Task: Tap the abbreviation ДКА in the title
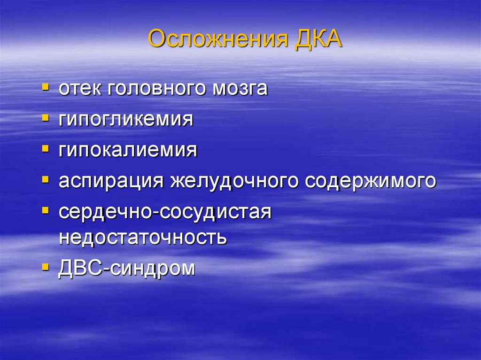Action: click(318, 40)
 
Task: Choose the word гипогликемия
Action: click(126, 119)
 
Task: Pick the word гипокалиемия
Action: click(128, 150)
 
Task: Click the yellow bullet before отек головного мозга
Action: click(45, 87)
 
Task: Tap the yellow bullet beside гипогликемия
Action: click(45, 118)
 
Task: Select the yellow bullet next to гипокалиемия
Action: click(45, 149)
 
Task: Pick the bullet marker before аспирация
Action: click(45, 179)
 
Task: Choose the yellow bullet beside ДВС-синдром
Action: click(45, 267)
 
